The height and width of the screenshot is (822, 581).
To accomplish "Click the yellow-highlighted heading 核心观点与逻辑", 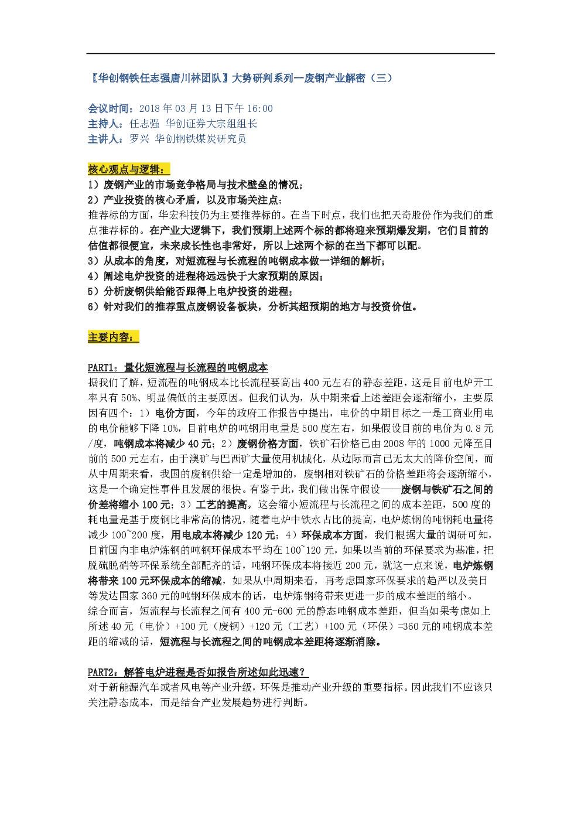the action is (x=128, y=169).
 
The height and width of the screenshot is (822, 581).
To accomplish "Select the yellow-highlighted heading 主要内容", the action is (x=114, y=336).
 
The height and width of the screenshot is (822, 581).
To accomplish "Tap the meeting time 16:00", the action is (x=260, y=108).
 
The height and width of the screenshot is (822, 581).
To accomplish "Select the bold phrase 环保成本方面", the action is (x=332, y=535).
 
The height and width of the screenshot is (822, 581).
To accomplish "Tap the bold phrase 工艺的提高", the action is (x=221, y=504).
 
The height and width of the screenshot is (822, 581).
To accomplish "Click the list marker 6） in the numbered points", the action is (x=94, y=306).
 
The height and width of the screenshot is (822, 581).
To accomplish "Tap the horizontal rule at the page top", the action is (x=290, y=53).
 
